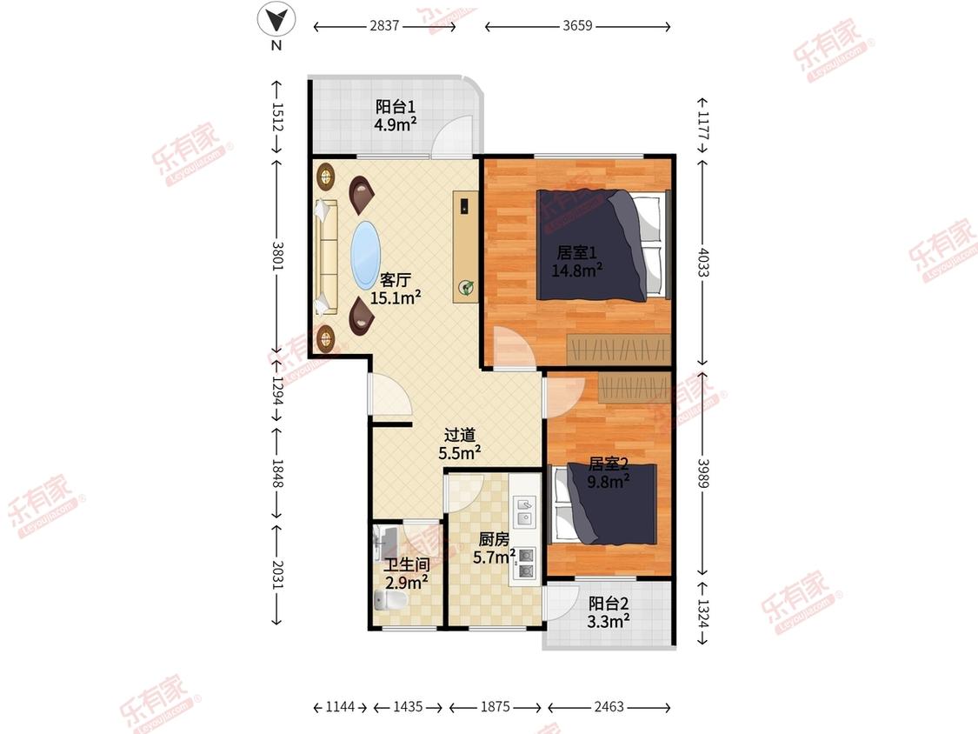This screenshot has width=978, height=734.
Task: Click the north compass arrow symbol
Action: pyautogui.click(x=276, y=19)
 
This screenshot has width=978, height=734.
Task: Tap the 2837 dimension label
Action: pyautogui.click(x=384, y=25)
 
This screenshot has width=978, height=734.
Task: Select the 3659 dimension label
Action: pyautogui.click(x=577, y=25)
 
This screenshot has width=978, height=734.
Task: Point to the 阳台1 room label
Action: pyautogui.click(x=396, y=107)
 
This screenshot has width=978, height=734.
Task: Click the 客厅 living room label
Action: pyautogui.click(x=396, y=280)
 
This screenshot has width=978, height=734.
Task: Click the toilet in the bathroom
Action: pyautogui.click(x=390, y=600)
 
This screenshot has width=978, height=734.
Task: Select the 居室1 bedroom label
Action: pyautogui.click(x=576, y=252)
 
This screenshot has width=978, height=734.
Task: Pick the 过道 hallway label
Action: pyautogui.click(x=460, y=435)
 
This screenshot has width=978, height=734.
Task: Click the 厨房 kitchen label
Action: pyautogui.click(x=494, y=538)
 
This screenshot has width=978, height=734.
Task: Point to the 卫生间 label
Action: pyautogui.click(x=407, y=565)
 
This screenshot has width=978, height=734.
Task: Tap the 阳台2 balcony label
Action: pyautogui.click(x=609, y=604)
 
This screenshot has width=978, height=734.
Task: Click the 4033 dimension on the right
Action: pyautogui.click(x=703, y=262)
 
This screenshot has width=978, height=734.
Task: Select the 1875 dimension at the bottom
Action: pyautogui.click(x=496, y=706)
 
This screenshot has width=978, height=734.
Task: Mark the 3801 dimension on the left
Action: pyautogui.click(x=277, y=256)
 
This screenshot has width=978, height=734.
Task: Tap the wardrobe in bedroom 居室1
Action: pyautogui.click(x=619, y=350)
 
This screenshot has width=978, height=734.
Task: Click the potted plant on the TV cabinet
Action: pyautogui.click(x=466, y=288)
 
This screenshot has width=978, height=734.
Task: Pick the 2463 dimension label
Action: pyautogui.click(x=609, y=706)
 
